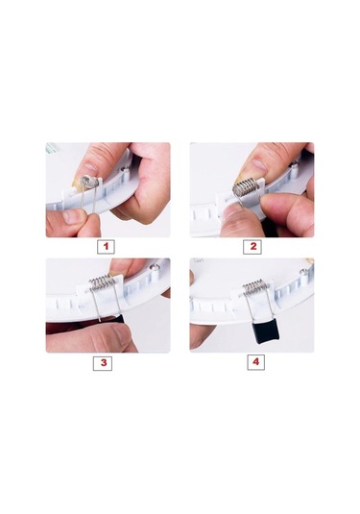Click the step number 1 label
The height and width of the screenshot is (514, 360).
106,247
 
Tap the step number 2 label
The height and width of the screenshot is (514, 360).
252,247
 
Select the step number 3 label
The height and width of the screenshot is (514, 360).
103,363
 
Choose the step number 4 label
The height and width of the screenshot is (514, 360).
255,362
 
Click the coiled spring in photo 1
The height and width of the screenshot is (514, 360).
89,181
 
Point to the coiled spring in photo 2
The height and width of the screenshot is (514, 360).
246,188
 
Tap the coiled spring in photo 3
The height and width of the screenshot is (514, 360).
102,282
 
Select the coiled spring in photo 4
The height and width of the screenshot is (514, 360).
255,286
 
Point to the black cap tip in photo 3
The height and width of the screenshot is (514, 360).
120,319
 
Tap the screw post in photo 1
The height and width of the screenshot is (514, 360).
125,174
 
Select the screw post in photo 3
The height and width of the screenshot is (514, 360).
154,269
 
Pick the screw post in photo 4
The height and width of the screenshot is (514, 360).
304,275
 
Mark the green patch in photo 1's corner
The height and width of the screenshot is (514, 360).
50,148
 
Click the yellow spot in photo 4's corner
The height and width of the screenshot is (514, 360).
310,261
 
